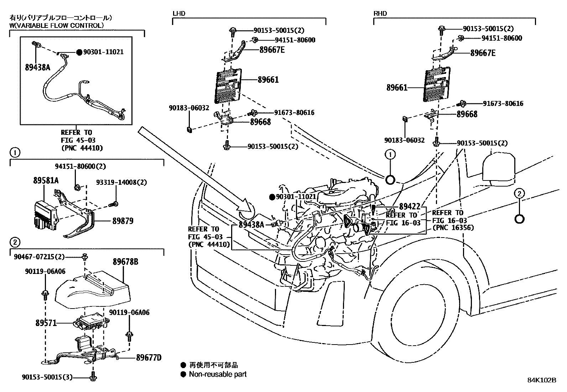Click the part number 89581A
(x=46, y=180)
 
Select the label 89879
(x=123, y=221)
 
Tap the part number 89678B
(x=126, y=262)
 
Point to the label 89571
(x=46, y=323)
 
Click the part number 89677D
(x=149, y=357)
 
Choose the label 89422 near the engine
(x=410, y=207)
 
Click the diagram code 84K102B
(x=542, y=380)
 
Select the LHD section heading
(x=179, y=14)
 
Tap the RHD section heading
(x=380, y=14)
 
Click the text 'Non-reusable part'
(x=218, y=374)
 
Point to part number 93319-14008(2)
(x=121, y=182)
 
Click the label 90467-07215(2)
(x=39, y=257)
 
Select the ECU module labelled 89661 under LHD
(x=228, y=86)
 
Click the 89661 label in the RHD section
(x=397, y=88)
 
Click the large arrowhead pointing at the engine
(x=246, y=208)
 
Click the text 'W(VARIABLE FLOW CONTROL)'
(x=57, y=25)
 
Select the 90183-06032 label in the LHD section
(x=189, y=108)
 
